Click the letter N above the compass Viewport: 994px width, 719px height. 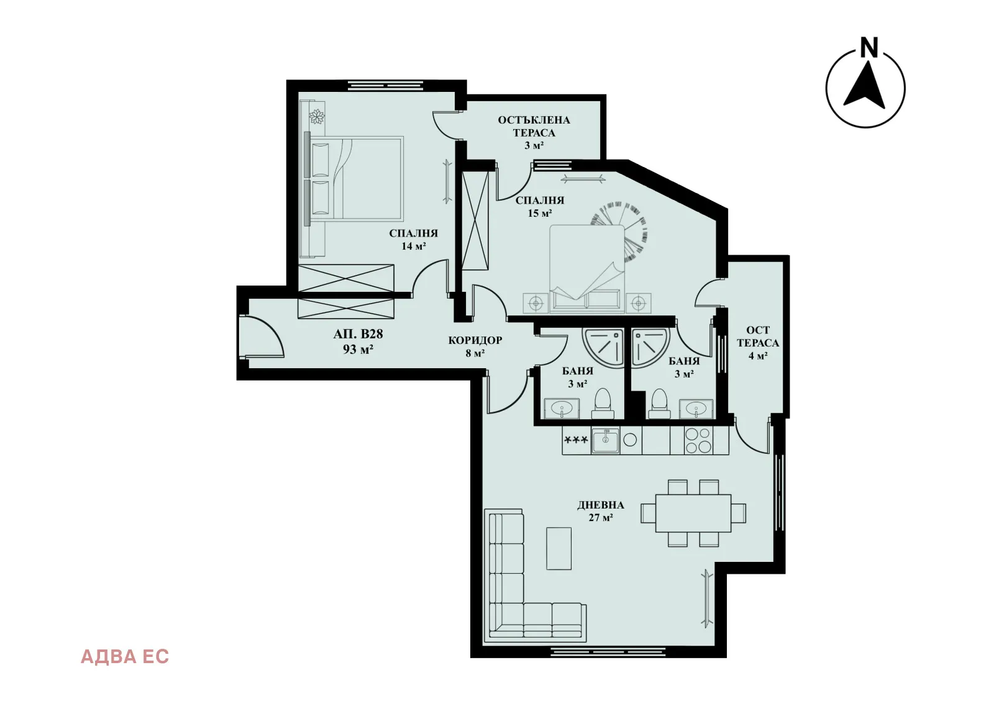pyautogui.click(x=869, y=47)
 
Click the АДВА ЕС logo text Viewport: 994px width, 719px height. pyautogui.click(x=125, y=657)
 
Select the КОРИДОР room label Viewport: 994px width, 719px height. pyautogui.click(x=475, y=340)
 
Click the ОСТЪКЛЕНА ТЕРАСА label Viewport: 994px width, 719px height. pyautogui.click(x=534, y=126)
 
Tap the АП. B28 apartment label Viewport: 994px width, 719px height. pyautogui.click(x=358, y=334)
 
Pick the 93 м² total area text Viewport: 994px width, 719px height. pyautogui.click(x=358, y=350)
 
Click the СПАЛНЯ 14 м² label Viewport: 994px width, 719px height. pyautogui.click(x=413, y=240)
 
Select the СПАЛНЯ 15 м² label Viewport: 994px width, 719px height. pyautogui.click(x=540, y=207)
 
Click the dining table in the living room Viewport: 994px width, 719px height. pyautogui.click(x=693, y=513)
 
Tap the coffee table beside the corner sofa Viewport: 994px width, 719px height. pyautogui.click(x=559, y=548)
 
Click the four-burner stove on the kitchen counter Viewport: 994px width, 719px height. pyautogui.click(x=698, y=440)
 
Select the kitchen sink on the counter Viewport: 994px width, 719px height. pyautogui.click(x=605, y=440)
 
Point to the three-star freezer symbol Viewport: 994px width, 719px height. pyautogui.click(x=576, y=440)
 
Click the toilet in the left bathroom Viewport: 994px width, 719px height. pyautogui.click(x=603, y=404)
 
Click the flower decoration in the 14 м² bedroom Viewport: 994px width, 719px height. pyautogui.click(x=316, y=117)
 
